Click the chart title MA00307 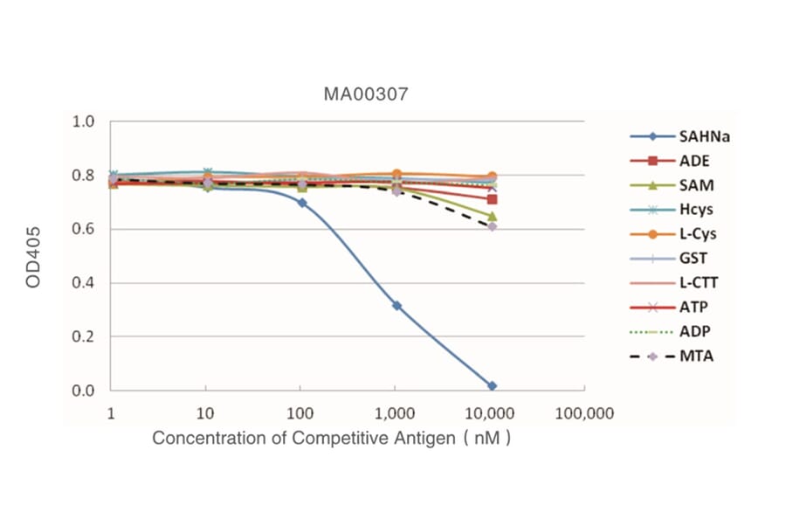coord(365,94)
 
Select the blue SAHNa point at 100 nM coord(302,203)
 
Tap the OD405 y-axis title coord(35,255)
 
